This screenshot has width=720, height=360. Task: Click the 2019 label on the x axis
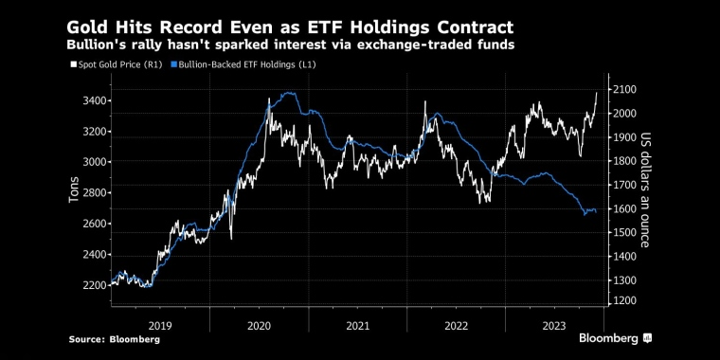click(159, 324)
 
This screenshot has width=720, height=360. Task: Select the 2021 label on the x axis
click(357, 324)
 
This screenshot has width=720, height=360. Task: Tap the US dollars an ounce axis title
click(645, 189)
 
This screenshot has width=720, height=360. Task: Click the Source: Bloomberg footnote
click(115, 338)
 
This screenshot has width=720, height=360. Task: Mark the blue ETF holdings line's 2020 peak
click(288, 93)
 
